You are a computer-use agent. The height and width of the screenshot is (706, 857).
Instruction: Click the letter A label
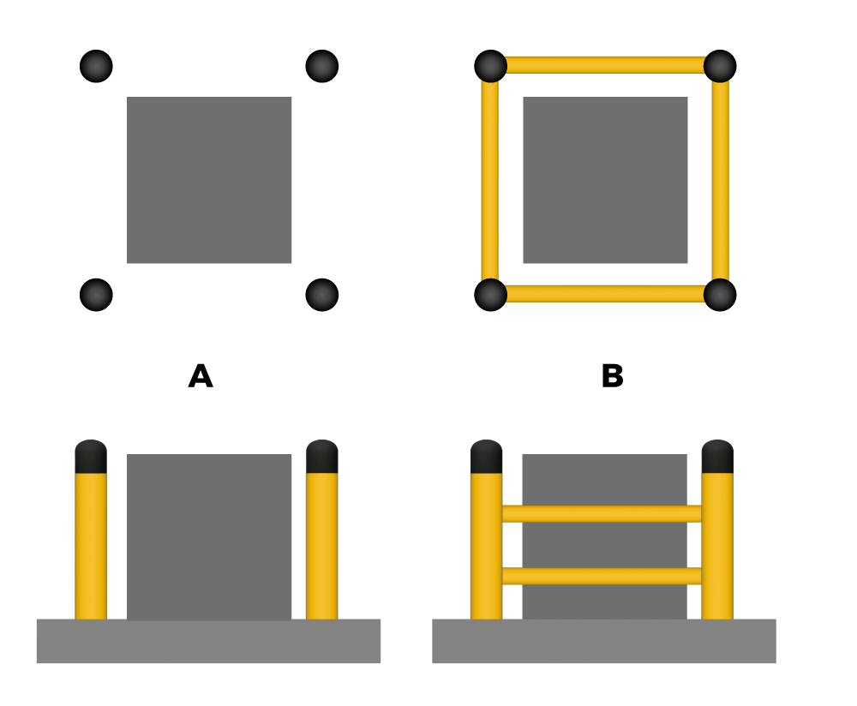(201, 376)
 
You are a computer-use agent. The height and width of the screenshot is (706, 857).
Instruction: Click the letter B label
(612, 376)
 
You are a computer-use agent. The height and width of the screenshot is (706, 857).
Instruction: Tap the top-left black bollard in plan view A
(96, 66)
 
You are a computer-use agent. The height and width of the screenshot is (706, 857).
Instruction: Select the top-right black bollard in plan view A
(322, 66)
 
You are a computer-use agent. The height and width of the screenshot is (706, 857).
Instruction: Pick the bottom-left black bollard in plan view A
(96, 295)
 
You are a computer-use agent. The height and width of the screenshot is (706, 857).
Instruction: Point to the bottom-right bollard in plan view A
(322, 295)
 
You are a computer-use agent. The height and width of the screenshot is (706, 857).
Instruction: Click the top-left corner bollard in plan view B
(491, 66)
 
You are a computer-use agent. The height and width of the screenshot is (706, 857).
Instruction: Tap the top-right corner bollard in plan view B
(720, 66)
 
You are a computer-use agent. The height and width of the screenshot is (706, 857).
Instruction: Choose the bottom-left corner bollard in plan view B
(491, 295)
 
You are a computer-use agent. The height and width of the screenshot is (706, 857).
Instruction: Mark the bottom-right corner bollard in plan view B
(720, 295)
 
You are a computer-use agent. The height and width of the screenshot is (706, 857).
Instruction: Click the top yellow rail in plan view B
(605, 65)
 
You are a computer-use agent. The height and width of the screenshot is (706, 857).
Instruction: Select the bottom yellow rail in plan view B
(605, 294)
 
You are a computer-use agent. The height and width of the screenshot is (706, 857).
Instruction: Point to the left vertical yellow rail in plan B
(489, 180)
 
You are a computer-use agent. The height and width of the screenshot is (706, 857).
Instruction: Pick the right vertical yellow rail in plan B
(721, 180)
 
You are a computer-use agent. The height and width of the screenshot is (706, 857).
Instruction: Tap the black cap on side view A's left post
(91, 457)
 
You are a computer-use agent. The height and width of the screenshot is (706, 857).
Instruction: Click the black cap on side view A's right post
(322, 457)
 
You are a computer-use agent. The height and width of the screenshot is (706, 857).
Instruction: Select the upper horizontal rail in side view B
(602, 514)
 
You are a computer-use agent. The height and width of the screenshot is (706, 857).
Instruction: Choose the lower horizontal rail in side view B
(602, 576)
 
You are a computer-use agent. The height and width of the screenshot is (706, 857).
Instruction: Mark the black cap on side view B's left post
(487, 457)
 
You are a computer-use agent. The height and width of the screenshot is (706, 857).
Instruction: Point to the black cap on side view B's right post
(717, 457)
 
